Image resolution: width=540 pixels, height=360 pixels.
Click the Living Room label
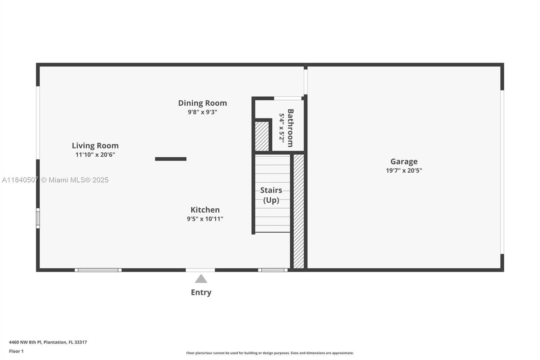[x=95, y=146]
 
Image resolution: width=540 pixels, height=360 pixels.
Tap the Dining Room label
[x=202, y=103]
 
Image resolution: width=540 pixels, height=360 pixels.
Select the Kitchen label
[x=205, y=210]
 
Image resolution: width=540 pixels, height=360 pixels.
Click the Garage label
[x=404, y=161]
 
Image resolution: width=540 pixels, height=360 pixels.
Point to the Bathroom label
[x=290, y=128]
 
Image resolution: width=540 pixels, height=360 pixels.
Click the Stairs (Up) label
[x=271, y=195]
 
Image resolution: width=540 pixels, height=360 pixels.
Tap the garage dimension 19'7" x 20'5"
[x=404, y=171]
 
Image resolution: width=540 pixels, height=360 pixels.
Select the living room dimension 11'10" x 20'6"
[x=95, y=155]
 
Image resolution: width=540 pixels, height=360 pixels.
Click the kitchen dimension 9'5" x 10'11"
[x=205, y=219]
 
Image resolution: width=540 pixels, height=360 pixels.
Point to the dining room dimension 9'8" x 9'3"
[x=202, y=112]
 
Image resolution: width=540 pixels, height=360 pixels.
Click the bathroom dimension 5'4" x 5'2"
[x=281, y=128]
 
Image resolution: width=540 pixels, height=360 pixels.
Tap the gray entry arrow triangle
[x=201, y=279]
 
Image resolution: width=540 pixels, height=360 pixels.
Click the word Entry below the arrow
[x=201, y=292]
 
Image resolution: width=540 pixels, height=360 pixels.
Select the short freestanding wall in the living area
[x=170, y=159]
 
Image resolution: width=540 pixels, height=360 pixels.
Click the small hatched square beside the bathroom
[x=262, y=136]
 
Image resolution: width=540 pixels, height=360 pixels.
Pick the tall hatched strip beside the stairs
[x=299, y=211]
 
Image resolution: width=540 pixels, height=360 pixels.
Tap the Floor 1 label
[x=16, y=351]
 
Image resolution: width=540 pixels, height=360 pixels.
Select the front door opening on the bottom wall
[x=200, y=270]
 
